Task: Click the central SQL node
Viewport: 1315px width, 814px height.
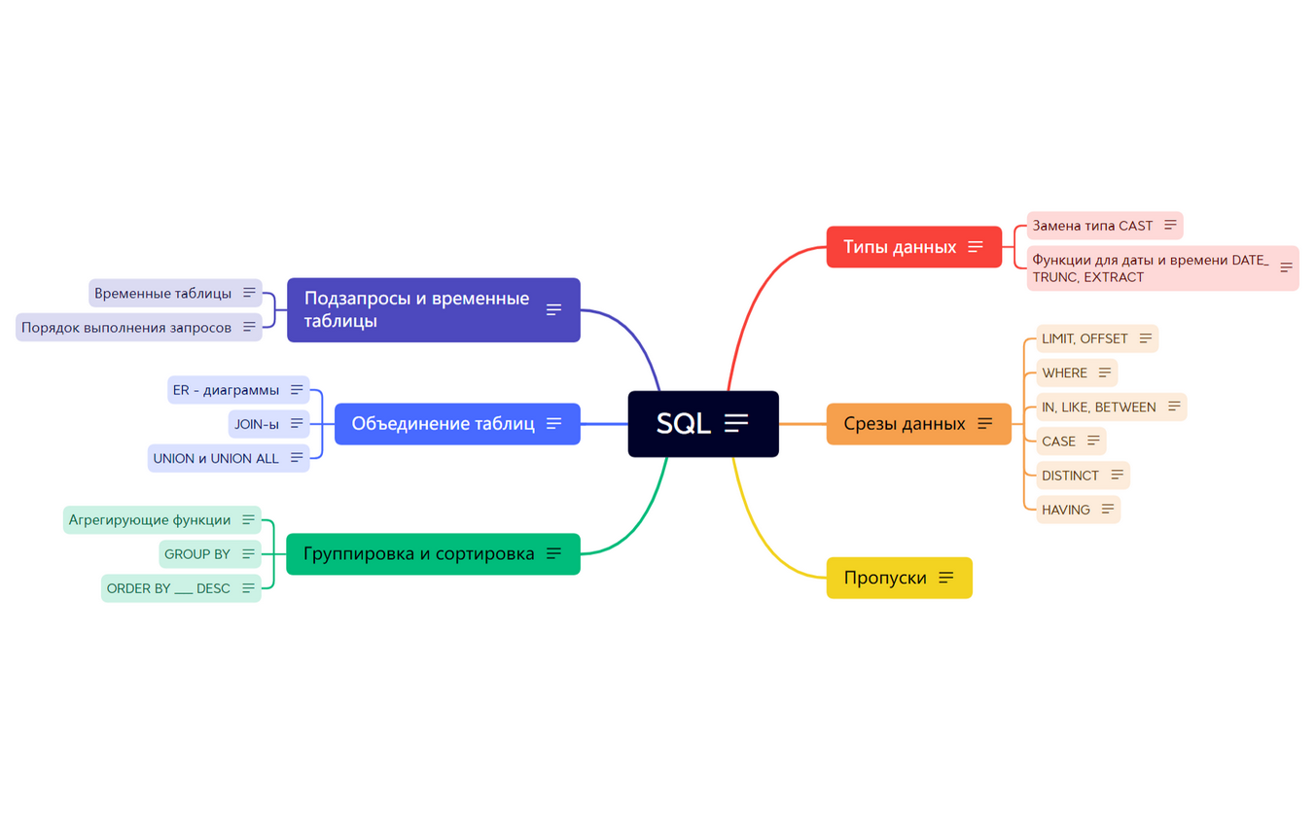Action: pos(683,424)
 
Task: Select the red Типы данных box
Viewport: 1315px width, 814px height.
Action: pos(900,247)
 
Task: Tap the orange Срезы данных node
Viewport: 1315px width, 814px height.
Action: pos(905,424)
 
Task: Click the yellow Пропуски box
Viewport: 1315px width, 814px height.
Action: pos(885,578)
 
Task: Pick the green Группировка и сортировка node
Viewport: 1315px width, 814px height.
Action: pos(419,554)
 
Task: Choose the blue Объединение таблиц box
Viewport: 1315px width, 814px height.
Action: pos(443,424)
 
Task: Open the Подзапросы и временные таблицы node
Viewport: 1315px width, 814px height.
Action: pos(416,309)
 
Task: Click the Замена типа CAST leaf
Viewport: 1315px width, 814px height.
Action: pos(1092,226)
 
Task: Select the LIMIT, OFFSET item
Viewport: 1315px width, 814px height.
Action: pos(1084,338)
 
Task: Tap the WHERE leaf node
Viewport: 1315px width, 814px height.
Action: pos(1064,373)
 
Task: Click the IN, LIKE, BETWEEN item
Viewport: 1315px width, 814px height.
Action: pos(1099,407)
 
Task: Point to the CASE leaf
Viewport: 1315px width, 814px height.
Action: pos(1058,442)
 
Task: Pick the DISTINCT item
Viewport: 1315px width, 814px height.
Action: pos(1070,476)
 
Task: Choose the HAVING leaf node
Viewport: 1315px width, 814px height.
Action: pos(1066,510)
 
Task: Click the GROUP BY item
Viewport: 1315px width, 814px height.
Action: pos(197,554)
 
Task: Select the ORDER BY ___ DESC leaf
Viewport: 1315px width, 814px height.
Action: pos(168,588)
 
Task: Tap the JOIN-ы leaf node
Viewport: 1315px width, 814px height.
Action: pos(257,424)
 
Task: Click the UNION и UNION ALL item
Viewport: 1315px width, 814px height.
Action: pos(216,458)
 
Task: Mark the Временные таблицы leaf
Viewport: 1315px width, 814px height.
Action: pos(163,293)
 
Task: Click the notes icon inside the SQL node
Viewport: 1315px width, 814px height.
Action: pos(736,423)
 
